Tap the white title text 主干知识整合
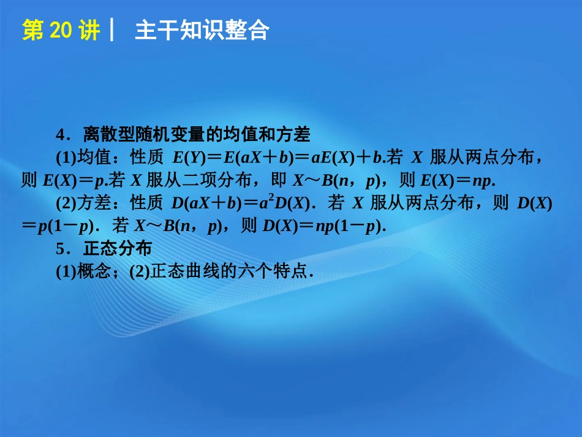202,31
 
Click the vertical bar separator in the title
112,31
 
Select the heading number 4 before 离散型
60,134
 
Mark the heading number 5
59,249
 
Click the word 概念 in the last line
91,272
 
